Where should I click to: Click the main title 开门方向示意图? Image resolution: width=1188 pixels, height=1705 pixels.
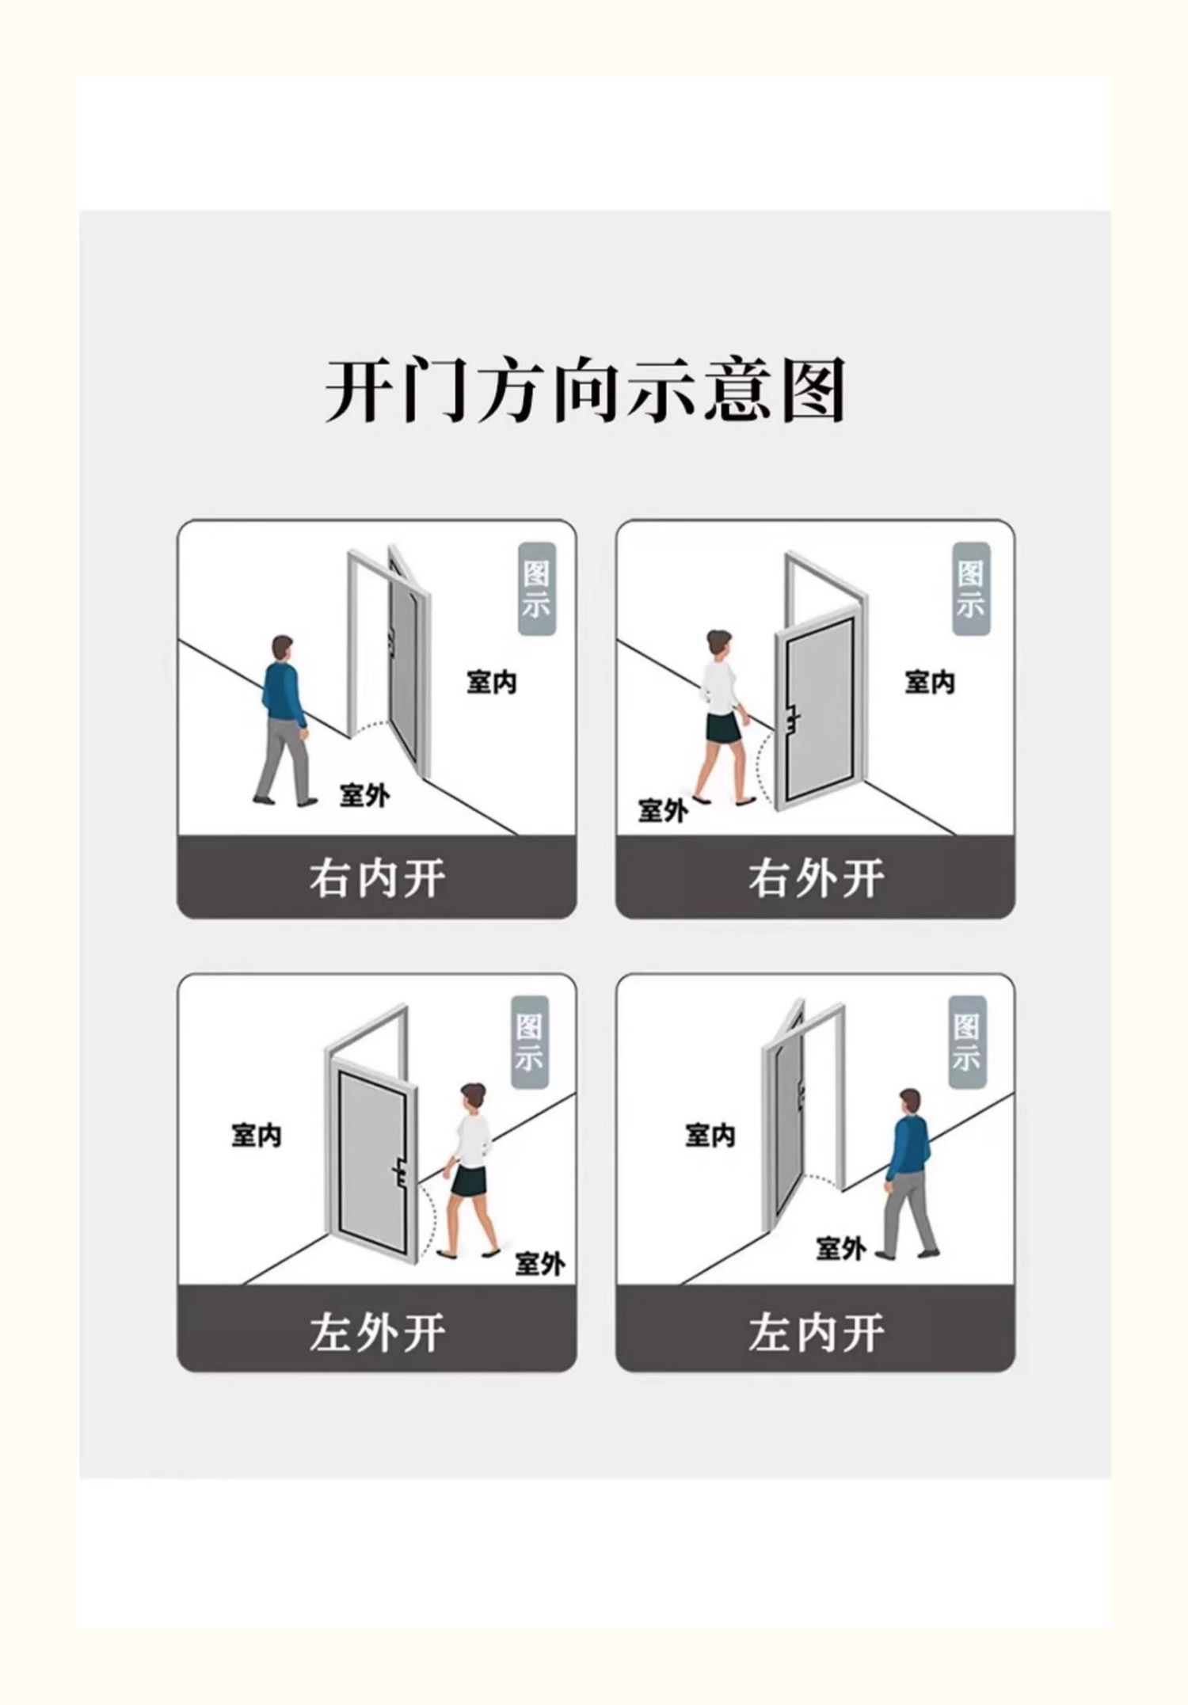[x=586, y=390]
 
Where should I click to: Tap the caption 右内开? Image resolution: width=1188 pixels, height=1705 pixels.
[x=377, y=878]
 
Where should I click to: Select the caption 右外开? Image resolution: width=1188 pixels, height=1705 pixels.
[x=816, y=878]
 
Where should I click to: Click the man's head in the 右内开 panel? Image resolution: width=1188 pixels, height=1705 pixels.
[x=282, y=648]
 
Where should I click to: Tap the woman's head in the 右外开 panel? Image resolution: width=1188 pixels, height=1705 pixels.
[x=719, y=643]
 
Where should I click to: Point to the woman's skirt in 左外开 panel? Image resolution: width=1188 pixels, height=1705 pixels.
[x=469, y=1182]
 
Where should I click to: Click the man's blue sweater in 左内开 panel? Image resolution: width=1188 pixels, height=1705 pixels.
[x=909, y=1137]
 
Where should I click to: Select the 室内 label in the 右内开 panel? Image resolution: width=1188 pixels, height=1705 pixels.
[x=491, y=682]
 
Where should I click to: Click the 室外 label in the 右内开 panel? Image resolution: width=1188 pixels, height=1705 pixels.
[x=364, y=795]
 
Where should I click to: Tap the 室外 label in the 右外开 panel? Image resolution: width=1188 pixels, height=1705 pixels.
[x=662, y=810]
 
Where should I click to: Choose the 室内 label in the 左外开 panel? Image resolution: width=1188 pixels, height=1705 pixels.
[x=256, y=1136]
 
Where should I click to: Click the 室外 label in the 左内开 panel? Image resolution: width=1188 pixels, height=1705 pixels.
[x=840, y=1249]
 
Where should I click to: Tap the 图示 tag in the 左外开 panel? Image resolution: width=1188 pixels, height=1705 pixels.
[x=530, y=1041]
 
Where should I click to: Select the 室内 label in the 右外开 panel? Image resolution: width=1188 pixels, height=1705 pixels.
[x=930, y=682]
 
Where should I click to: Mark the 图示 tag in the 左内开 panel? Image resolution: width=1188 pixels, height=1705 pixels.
[x=967, y=1041]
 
